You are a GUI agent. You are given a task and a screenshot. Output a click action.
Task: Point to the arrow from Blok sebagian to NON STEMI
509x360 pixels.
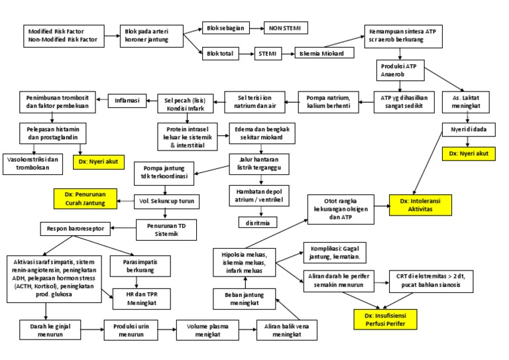click(253, 29)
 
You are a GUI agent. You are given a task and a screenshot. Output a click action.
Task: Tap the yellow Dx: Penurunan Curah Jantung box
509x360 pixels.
click(85, 197)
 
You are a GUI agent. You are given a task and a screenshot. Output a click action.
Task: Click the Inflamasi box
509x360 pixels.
click(127, 101)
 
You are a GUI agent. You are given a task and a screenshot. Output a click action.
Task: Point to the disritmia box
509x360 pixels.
click(258, 223)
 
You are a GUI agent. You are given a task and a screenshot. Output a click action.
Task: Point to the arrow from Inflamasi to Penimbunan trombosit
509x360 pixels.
click(104, 101)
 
